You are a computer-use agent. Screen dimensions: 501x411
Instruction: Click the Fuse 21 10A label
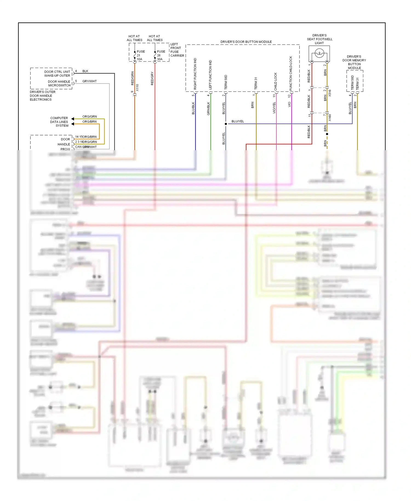point(140,55)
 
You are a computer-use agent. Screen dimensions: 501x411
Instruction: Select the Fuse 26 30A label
point(161,55)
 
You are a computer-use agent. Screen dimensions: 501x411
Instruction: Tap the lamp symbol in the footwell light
point(319,53)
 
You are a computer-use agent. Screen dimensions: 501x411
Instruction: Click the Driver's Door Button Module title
point(246,42)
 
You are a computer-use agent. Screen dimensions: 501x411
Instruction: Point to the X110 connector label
point(138,87)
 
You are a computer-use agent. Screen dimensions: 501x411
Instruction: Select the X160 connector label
point(330,118)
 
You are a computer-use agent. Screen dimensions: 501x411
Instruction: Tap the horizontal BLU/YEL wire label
point(238,121)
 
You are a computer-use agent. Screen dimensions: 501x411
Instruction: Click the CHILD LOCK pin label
point(276,81)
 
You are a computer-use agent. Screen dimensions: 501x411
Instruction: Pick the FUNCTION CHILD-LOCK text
point(291,73)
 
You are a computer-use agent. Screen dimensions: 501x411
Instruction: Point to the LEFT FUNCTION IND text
point(210,75)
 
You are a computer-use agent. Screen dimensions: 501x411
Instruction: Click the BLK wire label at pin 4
point(85,71)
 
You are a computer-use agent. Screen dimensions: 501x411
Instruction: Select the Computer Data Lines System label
point(59,122)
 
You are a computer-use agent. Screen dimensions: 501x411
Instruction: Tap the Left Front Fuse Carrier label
point(177,50)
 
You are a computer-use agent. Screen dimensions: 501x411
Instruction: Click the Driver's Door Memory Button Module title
point(354,62)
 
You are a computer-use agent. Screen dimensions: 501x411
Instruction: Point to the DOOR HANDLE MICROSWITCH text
point(59,83)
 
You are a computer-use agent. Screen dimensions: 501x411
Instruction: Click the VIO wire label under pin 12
point(289,104)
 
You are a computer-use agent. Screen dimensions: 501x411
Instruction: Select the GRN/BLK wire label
point(209,108)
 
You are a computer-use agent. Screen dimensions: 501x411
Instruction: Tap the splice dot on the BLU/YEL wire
point(226,124)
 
